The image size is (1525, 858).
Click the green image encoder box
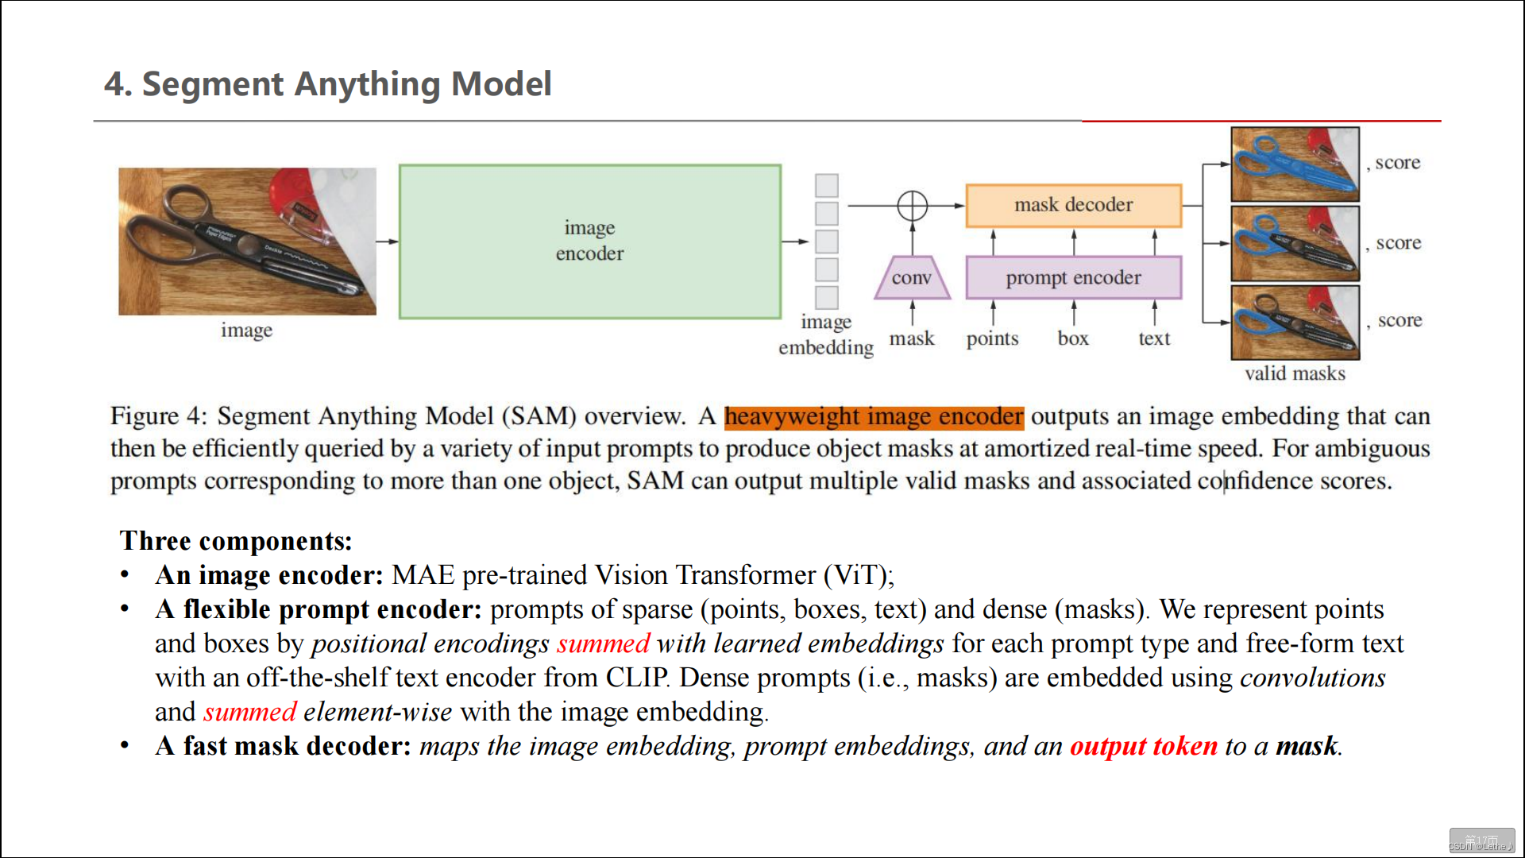pyautogui.click(x=589, y=241)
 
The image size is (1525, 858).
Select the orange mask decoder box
pyautogui.click(x=1073, y=205)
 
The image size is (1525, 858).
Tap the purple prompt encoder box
pyautogui.click(x=1073, y=277)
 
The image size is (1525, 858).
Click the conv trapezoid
pyautogui.click(x=912, y=278)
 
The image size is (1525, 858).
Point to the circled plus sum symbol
pyautogui.click(x=912, y=206)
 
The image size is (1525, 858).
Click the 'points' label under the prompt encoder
pyautogui.click(x=992, y=338)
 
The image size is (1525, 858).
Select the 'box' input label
pyautogui.click(x=1073, y=338)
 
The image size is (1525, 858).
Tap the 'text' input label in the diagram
pyautogui.click(x=1154, y=338)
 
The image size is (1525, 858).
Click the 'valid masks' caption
pyautogui.click(x=1295, y=373)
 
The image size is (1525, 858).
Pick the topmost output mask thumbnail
pyautogui.click(x=1295, y=164)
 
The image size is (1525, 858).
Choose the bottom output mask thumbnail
pyautogui.click(x=1295, y=322)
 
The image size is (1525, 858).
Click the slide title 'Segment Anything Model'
pyautogui.click(x=346, y=84)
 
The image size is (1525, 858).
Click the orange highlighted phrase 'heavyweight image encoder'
pyautogui.click(x=874, y=416)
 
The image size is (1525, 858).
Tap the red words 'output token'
pyautogui.click(x=1143, y=746)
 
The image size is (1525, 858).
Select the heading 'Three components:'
pyautogui.click(x=236, y=541)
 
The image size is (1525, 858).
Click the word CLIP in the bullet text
pyautogui.click(x=636, y=678)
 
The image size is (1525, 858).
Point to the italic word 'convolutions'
pyautogui.click(x=1312, y=678)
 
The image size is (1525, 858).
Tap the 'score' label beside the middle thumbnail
pyautogui.click(x=1399, y=243)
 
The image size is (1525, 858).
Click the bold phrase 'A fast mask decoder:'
pyautogui.click(x=283, y=746)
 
